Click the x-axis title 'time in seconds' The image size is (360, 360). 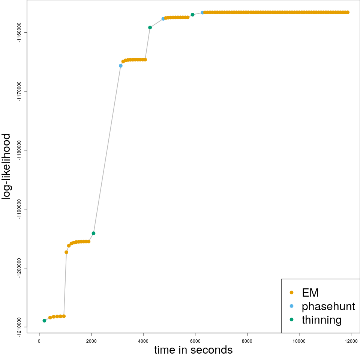pos(193,350)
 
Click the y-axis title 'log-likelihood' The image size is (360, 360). pos(6,166)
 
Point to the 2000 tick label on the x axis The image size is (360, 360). pos(91,341)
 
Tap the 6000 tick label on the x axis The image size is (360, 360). pos(195,341)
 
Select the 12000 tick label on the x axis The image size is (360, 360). pos(351,341)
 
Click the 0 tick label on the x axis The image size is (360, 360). pos(39,341)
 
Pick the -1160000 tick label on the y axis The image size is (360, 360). pos(20,33)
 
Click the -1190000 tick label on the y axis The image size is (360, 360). pos(20,209)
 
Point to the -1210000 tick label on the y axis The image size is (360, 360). pos(20,327)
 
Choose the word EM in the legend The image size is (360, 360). pos(310,292)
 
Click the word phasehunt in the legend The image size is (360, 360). pos(328,306)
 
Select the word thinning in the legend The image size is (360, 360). pos(322,320)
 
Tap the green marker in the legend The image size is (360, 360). pos(291,319)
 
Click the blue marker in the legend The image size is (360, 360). pos(291,306)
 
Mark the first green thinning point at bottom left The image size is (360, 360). pos(44,321)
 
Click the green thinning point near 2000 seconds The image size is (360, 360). pos(93,233)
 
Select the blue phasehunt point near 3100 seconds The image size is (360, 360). pos(120,66)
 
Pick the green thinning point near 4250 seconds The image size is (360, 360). pos(150,27)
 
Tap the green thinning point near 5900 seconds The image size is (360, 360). pos(192,15)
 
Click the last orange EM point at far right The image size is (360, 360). pos(348,12)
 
